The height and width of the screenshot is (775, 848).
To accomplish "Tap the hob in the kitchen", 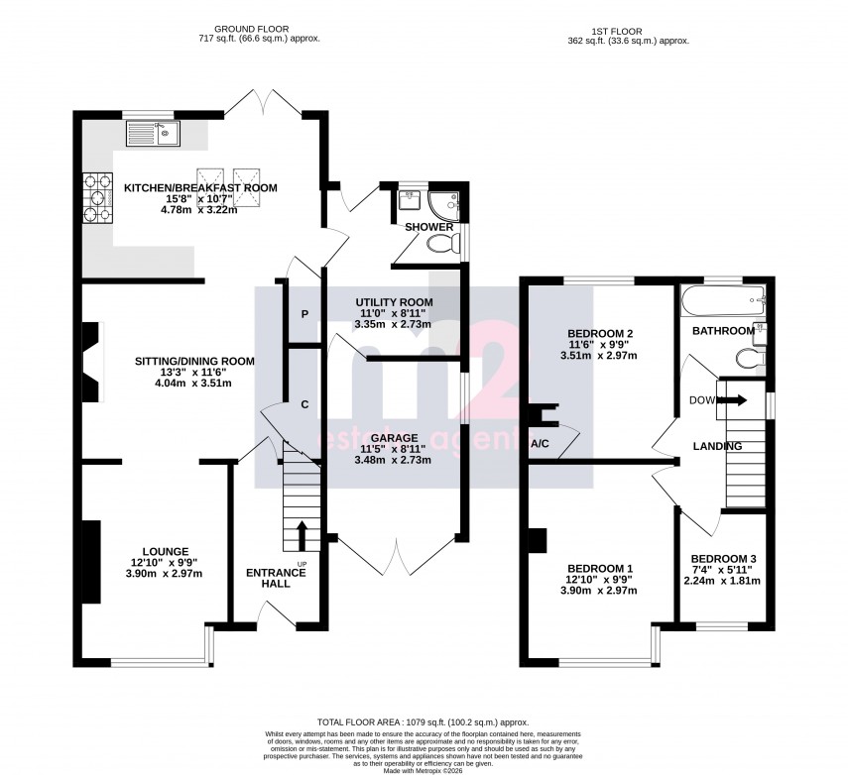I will point(99,195).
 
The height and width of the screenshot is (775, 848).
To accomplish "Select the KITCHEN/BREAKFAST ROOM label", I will point(199,187).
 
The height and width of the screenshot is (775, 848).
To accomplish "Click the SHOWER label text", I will point(428,227).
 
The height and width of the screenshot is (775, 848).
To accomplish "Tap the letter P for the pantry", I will point(304,314).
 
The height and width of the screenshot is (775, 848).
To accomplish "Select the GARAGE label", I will point(395,437).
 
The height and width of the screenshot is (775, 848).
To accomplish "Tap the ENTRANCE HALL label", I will point(269,578).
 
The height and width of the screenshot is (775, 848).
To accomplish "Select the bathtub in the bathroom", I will point(723,298).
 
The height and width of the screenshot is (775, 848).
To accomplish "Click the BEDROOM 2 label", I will point(600,333).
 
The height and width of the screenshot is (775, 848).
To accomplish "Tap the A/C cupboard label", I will point(542,443).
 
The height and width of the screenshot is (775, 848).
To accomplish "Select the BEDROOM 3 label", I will point(723,559).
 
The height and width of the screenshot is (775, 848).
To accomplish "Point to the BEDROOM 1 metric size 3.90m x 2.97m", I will point(599,591).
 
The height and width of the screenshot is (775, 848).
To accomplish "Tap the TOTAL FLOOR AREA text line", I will point(423,722).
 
